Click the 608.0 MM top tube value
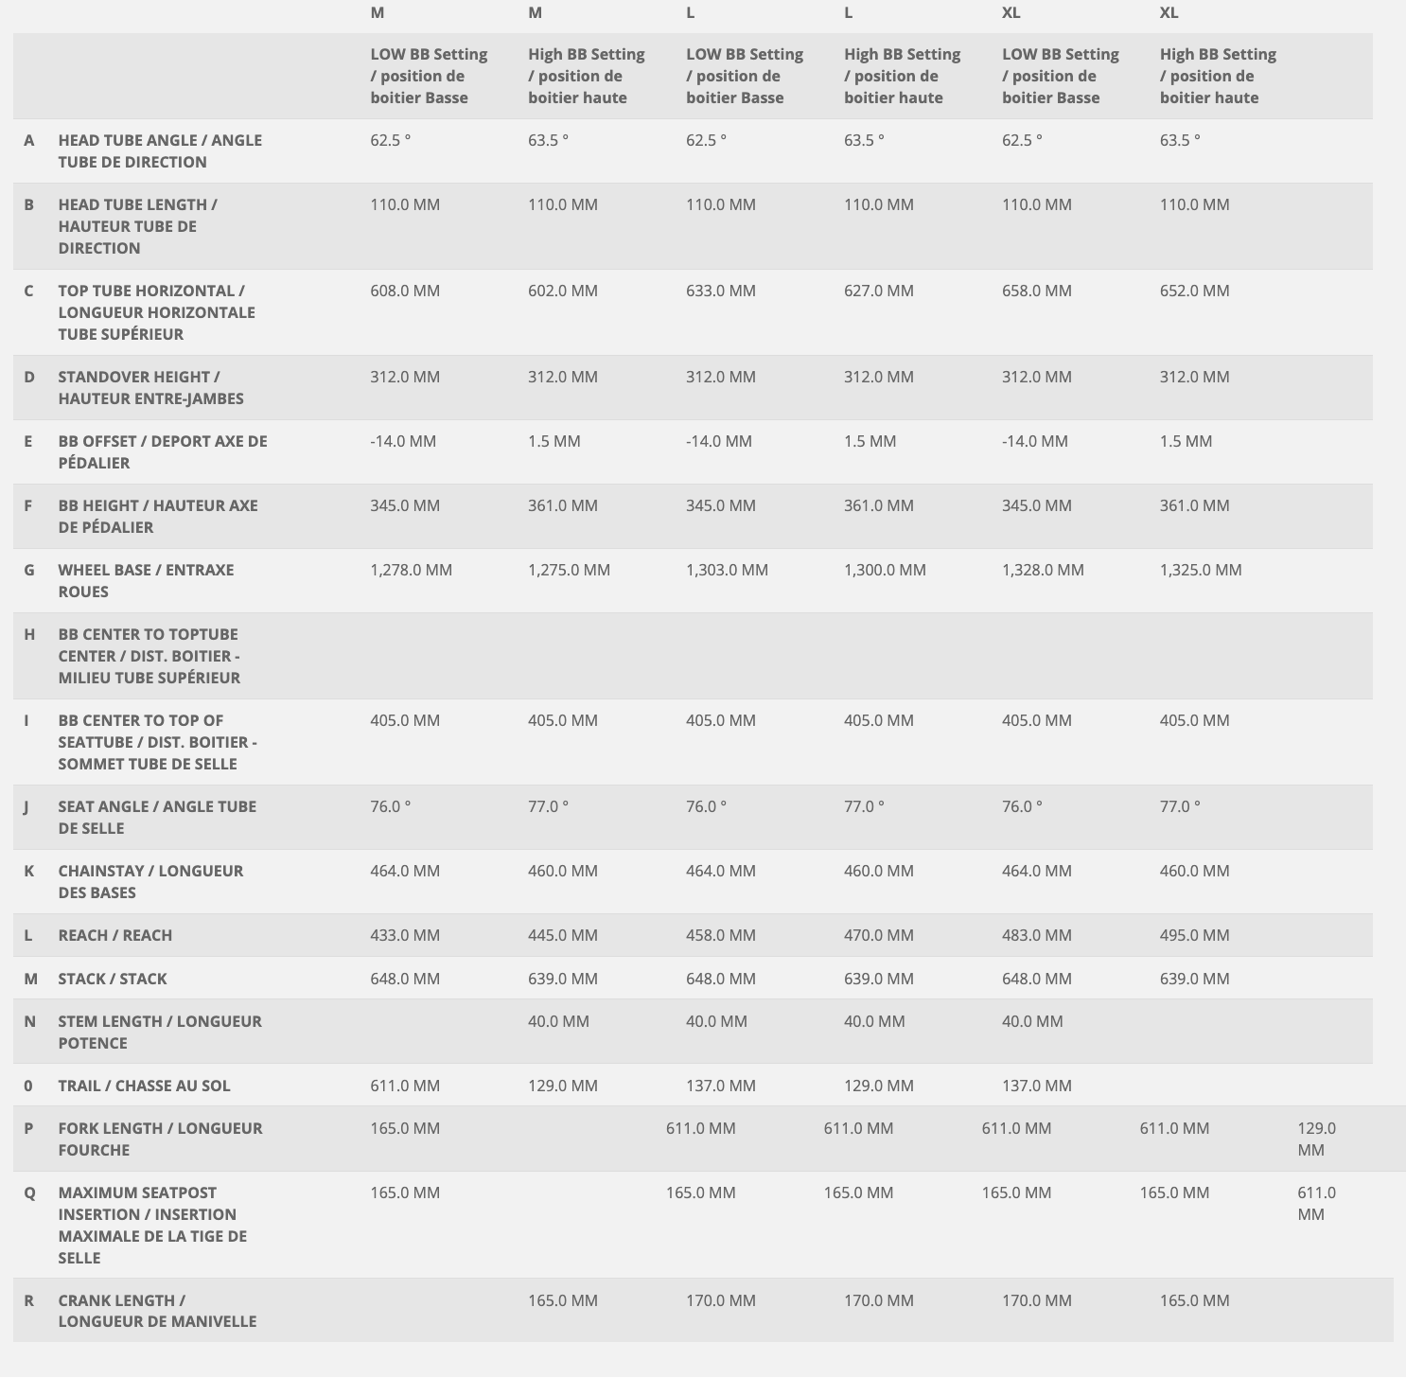click(405, 291)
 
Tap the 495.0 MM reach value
click(1194, 935)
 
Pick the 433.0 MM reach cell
click(405, 935)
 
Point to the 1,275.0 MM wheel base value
click(569, 570)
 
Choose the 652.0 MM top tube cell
click(1194, 291)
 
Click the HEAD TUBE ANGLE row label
click(160, 150)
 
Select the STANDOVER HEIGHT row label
click(150, 387)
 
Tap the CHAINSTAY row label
click(150, 881)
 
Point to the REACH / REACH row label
click(115, 935)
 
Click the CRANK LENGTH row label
click(157, 1311)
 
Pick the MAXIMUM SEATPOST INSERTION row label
click(152, 1225)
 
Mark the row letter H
click(29, 634)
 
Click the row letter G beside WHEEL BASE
click(29, 570)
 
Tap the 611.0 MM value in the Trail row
click(405, 1086)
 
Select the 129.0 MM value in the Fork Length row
click(1316, 1139)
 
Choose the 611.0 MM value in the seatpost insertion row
click(1316, 1203)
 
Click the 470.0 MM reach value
click(879, 935)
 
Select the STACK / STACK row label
click(113, 979)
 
